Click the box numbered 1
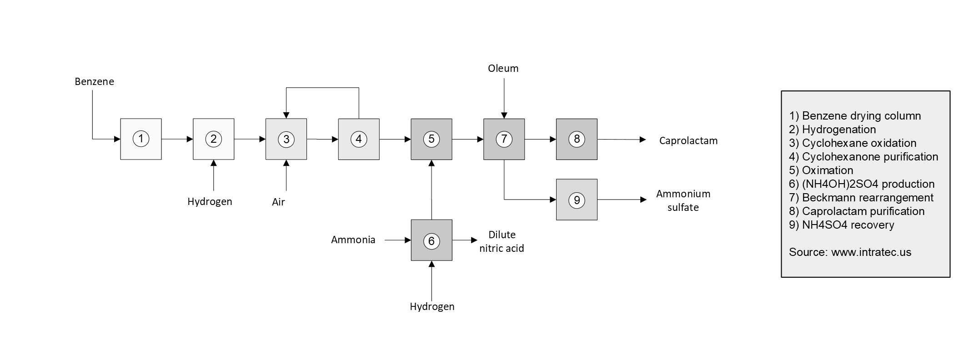click(x=141, y=139)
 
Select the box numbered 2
click(x=213, y=139)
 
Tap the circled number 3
click(x=286, y=139)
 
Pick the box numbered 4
click(x=359, y=139)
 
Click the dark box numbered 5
click(x=432, y=139)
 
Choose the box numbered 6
click(x=432, y=240)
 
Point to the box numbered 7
click(x=504, y=139)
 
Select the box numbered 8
click(x=577, y=139)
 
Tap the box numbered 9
click(x=577, y=200)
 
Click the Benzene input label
click(x=95, y=82)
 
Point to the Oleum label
click(x=503, y=69)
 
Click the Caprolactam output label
click(x=688, y=141)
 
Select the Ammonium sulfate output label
click(x=683, y=200)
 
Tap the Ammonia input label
click(x=353, y=240)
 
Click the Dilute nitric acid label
click(x=502, y=241)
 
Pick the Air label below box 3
click(x=278, y=202)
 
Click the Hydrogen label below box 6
click(x=432, y=307)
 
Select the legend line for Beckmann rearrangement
click(x=861, y=198)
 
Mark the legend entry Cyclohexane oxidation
click(x=853, y=143)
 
